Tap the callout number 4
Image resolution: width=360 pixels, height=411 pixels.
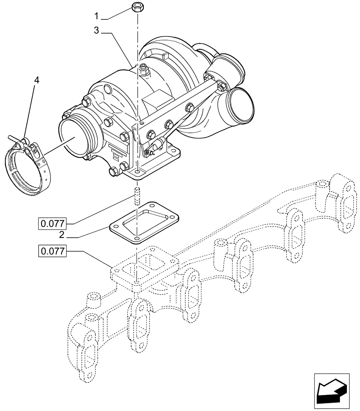point(37,81)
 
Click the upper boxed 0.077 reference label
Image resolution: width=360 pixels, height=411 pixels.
point(52,224)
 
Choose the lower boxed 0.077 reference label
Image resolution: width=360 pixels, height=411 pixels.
point(52,251)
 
